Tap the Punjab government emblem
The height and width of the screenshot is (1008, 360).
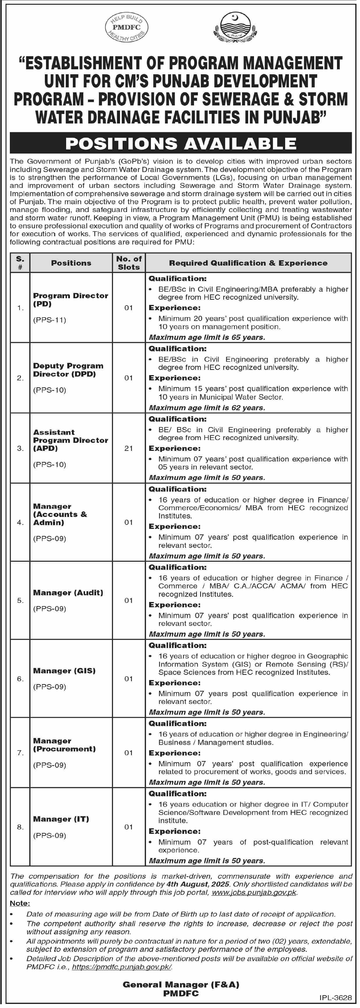click(234, 27)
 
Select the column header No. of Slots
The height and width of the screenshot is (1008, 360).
click(129, 263)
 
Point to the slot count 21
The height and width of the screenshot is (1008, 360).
click(129, 448)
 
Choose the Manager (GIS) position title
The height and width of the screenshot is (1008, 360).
click(64, 671)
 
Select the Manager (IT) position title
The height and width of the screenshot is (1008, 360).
click(61, 819)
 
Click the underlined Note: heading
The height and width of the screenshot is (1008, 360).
click(20, 903)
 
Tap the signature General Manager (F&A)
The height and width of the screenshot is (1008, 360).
click(181, 984)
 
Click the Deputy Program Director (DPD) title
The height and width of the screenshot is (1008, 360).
click(68, 370)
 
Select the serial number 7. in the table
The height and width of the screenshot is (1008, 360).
click(20, 753)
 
